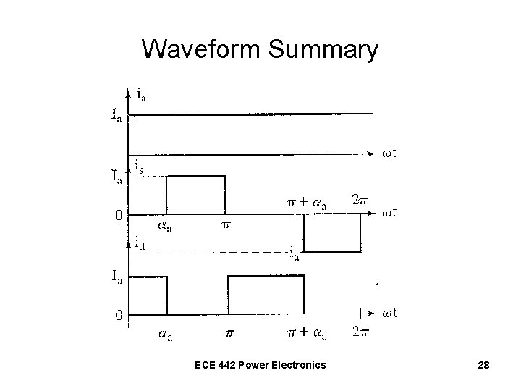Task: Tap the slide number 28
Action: coord(483,366)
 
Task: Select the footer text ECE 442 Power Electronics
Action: coord(260,366)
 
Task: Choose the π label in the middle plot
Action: coord(225,226)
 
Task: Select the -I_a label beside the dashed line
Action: coord(292,253)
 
